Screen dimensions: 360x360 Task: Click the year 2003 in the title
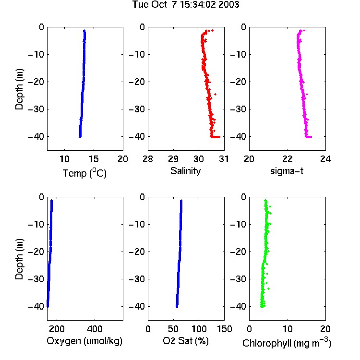click(228, 5)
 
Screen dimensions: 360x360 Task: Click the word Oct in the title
click(159, 5)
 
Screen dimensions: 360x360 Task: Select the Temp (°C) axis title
click(84, 173)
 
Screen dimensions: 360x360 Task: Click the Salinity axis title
click(185, 171)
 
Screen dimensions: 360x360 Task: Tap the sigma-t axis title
click(287, 171)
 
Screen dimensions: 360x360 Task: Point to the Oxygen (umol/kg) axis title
click(84, 341)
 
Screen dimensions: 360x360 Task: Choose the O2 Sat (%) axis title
click(186, 341)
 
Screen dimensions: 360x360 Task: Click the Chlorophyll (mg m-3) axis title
click(287, 343)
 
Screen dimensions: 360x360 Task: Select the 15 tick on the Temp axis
click(94, 159)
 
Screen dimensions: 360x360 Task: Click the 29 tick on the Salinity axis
click(173, 159)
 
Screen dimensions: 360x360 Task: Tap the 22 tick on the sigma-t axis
click(287, 159)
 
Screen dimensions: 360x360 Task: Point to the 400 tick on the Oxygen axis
click(95, 329)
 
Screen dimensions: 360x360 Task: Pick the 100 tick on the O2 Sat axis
click(199, 329)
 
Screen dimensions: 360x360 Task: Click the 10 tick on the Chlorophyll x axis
click(288, 329)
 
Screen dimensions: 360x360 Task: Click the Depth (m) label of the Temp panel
click(19, 89)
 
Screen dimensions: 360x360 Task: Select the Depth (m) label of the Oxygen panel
click(19, 259)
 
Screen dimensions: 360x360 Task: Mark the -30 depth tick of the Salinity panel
click(137, 109)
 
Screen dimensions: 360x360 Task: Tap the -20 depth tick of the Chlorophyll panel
click(238, 252)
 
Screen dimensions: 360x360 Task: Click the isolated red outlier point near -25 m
click(215, 94)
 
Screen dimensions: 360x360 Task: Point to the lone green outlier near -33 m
click(268, 288)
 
